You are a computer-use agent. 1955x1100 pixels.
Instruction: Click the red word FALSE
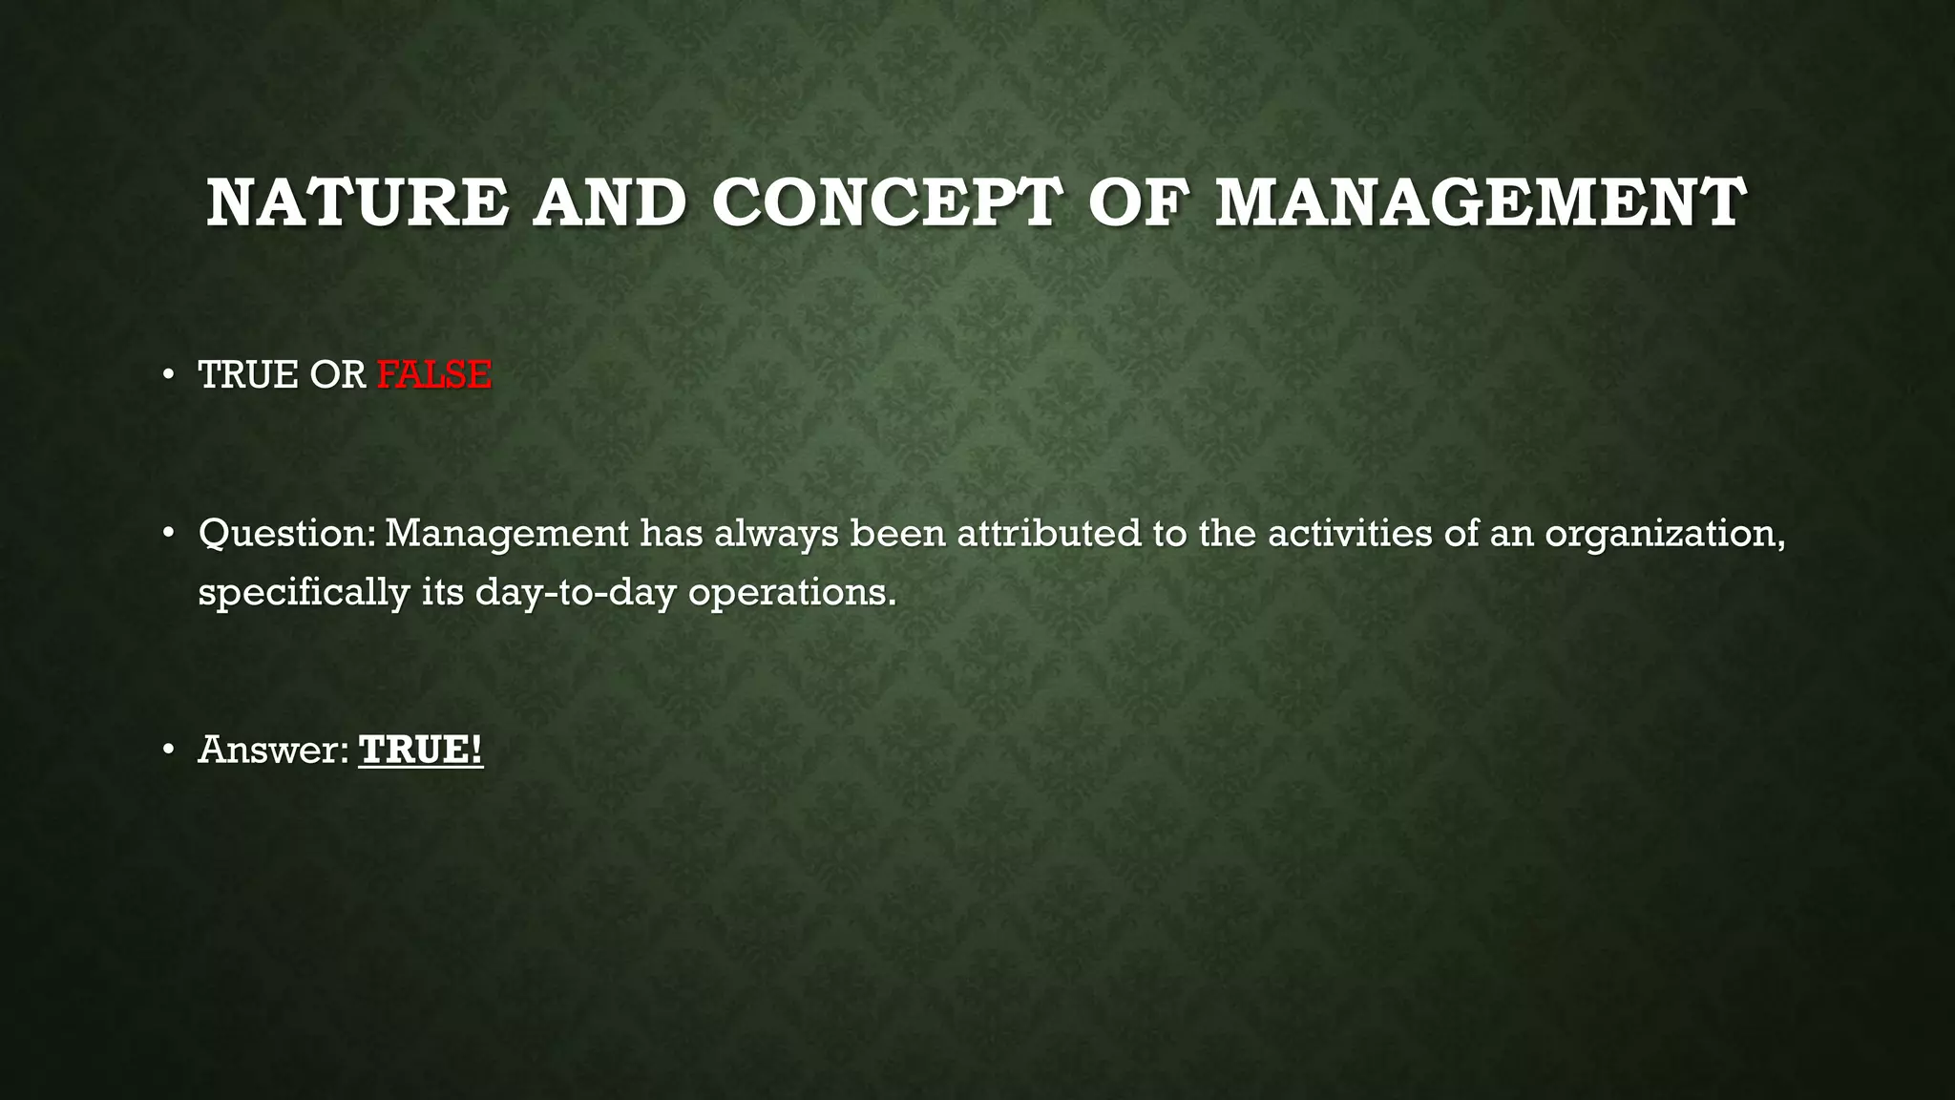coord(434,374)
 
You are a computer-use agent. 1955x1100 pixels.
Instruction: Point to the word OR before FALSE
coord(338,374)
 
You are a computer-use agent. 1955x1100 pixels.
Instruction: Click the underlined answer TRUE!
coord(421,750)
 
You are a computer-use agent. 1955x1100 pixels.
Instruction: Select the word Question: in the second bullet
coord(287,533)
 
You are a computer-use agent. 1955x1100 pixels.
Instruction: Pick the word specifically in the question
coord(304,592)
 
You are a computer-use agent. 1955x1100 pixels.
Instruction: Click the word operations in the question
coord(792,592)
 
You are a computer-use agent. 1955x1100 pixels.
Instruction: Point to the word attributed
coord(1049,533)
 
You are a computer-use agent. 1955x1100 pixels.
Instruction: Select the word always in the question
coord(776,533)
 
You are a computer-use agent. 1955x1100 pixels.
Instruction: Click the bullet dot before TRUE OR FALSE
coord(168,374)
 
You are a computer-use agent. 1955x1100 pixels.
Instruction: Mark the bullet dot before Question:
coord(168,533)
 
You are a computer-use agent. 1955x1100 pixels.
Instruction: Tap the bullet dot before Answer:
coord(168,750)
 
